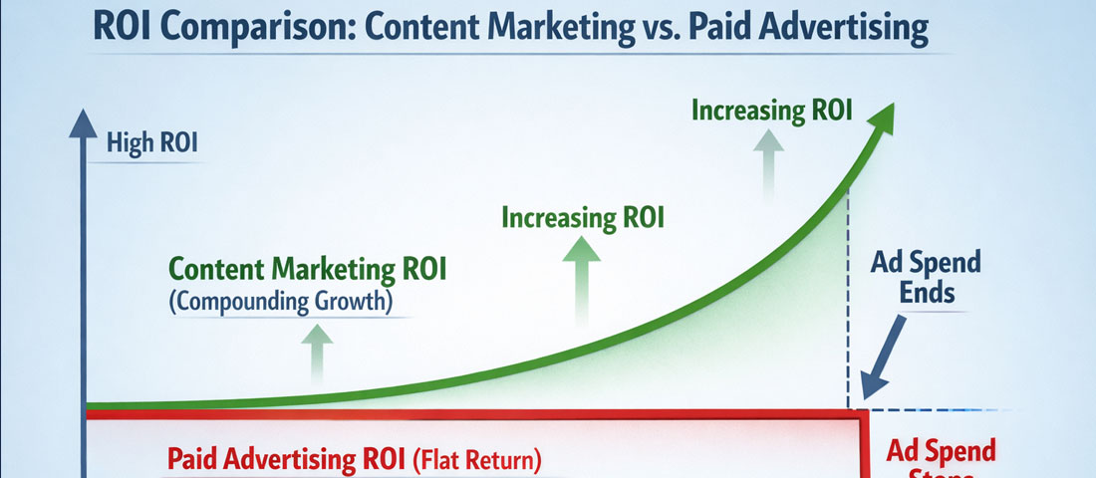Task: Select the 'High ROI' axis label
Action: click(152, 142)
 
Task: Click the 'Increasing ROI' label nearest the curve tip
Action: click(772, 110)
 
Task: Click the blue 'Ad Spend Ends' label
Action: click(926, 277)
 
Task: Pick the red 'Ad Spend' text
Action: click(941, 451)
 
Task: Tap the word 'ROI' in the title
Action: click(123, 27)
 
